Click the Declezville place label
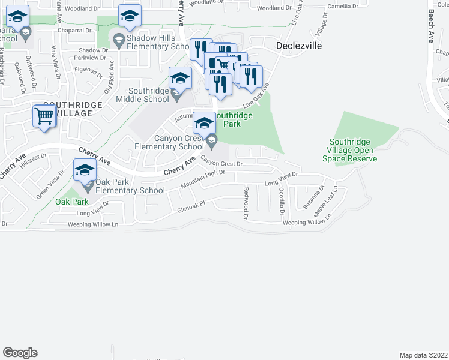[x=300, y=46]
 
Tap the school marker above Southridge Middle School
[x=179, y=78]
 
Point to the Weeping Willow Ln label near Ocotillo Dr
[x=306, y=223]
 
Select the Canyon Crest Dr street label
[x=221, y=161]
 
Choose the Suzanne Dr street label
[x=315, y=196]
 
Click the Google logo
[x=20, y=353]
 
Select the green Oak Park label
[x=72, y=202]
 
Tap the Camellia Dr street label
[x=343, y=7]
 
